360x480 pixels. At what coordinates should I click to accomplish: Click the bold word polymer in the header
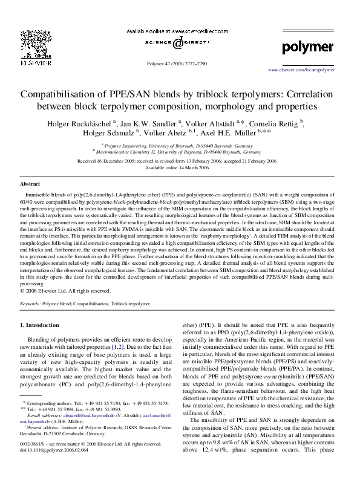[x=307, y=47]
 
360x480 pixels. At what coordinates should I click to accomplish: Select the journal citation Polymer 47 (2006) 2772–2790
[x=180, y=63]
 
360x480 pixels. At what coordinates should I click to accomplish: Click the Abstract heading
[x=30, y=183]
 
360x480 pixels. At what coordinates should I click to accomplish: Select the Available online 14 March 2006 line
[x=180, y=168]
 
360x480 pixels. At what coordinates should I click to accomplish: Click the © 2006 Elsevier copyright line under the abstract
[x=66, y=290]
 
